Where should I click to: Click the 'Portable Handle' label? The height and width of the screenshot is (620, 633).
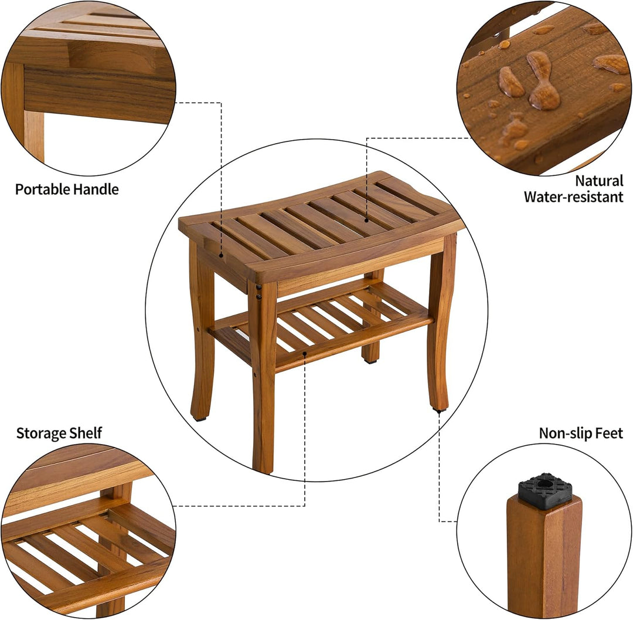[67, 189]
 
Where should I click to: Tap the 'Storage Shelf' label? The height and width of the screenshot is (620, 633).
[59, 433]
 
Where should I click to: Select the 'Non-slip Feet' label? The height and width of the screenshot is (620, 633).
[581, 433]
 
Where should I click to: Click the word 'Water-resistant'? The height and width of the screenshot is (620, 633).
[573, 197]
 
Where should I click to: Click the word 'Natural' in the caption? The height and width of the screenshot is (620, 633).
[598, 181]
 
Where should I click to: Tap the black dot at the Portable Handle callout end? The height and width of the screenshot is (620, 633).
[221, 255]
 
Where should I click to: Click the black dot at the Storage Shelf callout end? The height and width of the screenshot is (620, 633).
[305, 354]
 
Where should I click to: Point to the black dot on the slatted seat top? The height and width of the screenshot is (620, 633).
[367, 220]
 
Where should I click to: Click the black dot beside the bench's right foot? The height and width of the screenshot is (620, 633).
[439, 412]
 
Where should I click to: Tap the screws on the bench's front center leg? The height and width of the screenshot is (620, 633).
[259, 292]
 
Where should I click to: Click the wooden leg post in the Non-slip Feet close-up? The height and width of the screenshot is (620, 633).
[543, 551]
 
